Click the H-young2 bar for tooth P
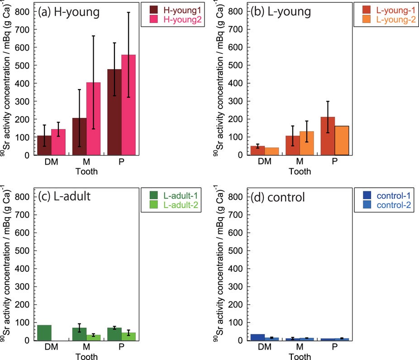(x=129, y=105)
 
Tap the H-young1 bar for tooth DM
(x=44, y=145)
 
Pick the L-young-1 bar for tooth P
(x=328, y=136)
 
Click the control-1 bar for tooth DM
(x=257, y=337)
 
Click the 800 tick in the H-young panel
(x=26, y=11)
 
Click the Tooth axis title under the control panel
(x=300, y=357)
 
